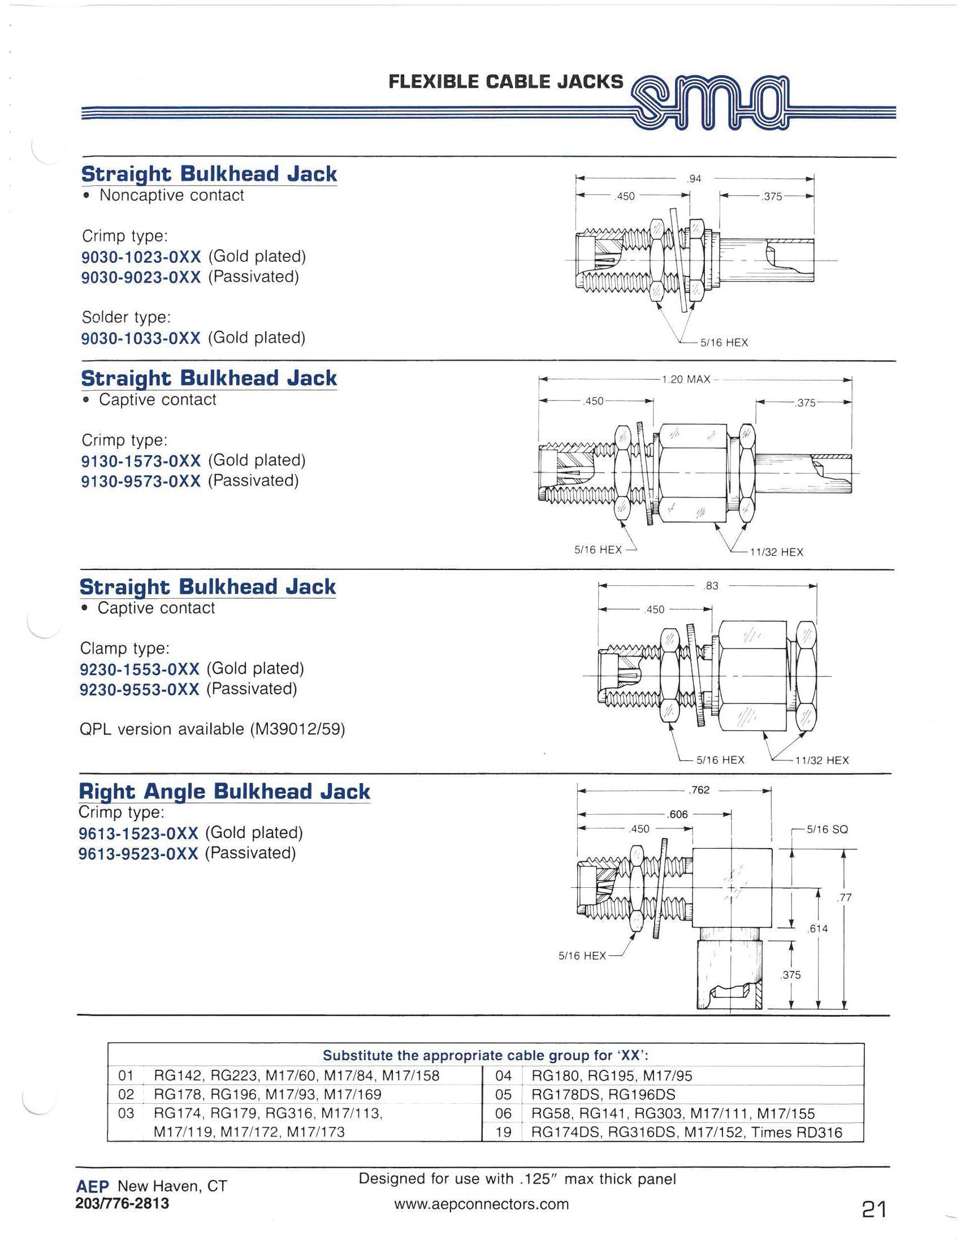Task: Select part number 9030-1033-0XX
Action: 141,338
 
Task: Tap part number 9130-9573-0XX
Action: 141,481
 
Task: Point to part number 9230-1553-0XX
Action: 140,669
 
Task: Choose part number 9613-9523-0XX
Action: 138,853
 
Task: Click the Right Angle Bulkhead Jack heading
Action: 224,791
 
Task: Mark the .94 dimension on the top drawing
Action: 695,179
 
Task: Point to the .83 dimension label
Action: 712,586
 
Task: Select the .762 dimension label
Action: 699,790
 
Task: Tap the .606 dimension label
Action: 678,814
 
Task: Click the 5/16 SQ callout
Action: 827,830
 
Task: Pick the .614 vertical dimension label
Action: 817,929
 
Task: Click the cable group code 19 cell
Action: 503,1132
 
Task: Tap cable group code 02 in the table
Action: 126,1094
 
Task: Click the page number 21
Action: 873,1210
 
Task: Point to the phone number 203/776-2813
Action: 122,1203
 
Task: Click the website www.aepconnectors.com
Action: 480,1204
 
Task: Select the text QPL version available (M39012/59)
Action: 213,729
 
